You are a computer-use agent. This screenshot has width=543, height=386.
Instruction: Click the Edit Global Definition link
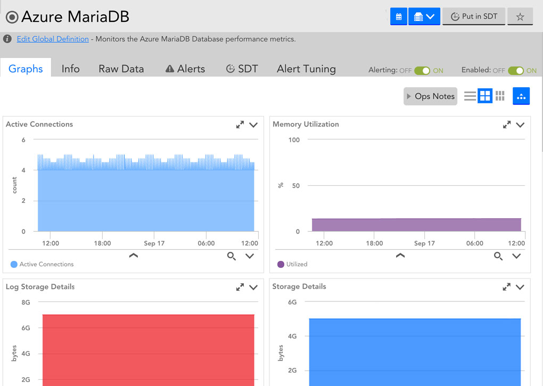[53, 39]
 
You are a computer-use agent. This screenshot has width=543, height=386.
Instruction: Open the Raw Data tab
[121, 69]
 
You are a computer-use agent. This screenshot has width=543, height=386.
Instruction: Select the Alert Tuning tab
[306, 69]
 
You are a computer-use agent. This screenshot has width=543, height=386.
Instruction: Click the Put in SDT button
[474, 17]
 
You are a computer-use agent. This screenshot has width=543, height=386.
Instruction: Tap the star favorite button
[520, 17]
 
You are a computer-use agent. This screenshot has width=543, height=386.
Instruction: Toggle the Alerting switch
[422, 71]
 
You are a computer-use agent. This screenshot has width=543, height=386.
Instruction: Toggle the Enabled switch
[516, 71]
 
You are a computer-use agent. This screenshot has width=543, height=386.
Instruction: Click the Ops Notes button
[430, 96]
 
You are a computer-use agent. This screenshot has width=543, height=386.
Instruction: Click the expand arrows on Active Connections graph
[240, 125]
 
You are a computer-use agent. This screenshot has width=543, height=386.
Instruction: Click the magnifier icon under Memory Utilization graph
[498, 256]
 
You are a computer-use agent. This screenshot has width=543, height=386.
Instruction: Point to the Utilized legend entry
[293, 264]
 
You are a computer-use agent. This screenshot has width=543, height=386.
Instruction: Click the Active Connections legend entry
[42, 264]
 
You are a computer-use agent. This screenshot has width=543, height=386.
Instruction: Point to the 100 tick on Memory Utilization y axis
[294, 140]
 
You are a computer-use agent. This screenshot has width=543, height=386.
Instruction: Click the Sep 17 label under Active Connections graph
[154, 243]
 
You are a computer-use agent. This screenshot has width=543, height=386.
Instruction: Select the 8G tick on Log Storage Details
[26, 302]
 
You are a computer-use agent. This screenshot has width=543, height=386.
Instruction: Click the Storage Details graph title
[299, 286]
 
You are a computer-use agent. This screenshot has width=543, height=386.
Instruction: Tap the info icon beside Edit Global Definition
[7, 39]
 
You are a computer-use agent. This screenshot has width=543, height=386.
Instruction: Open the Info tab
[71, 69]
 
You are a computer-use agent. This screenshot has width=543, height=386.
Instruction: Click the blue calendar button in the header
[399, 17]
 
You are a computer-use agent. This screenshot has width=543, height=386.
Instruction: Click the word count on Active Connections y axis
[14, 185]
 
